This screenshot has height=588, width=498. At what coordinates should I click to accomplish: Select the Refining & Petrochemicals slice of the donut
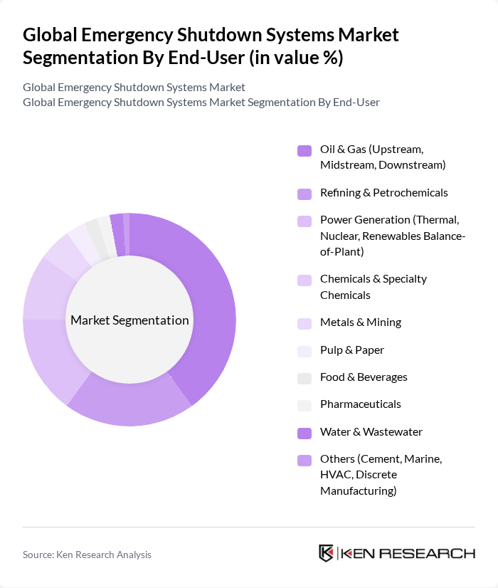(x=132, y=406)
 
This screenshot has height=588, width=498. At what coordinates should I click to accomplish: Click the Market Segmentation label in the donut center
(x=129, y=320)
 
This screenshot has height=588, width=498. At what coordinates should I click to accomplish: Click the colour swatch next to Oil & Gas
(x=304, y=150)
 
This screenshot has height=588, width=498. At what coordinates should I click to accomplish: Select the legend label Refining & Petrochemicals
(x=383, y=192)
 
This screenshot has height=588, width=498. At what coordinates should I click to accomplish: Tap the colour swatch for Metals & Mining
(x=304, y=322)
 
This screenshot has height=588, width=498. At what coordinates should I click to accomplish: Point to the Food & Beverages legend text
(x=364, y=377)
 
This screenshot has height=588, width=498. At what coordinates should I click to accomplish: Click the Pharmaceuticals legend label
(x=360, y=404)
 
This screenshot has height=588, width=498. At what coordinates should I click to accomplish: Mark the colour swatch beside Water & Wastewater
(x=304, y=432)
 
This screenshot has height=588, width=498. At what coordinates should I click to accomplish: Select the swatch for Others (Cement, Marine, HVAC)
(x=304, y=460)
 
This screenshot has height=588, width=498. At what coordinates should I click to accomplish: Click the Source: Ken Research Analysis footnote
(x=87, y=555)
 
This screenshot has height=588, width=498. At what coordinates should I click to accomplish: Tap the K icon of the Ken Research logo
(x=327, y=553)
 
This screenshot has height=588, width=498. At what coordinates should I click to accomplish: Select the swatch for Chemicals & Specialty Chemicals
(x=304, y=280)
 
